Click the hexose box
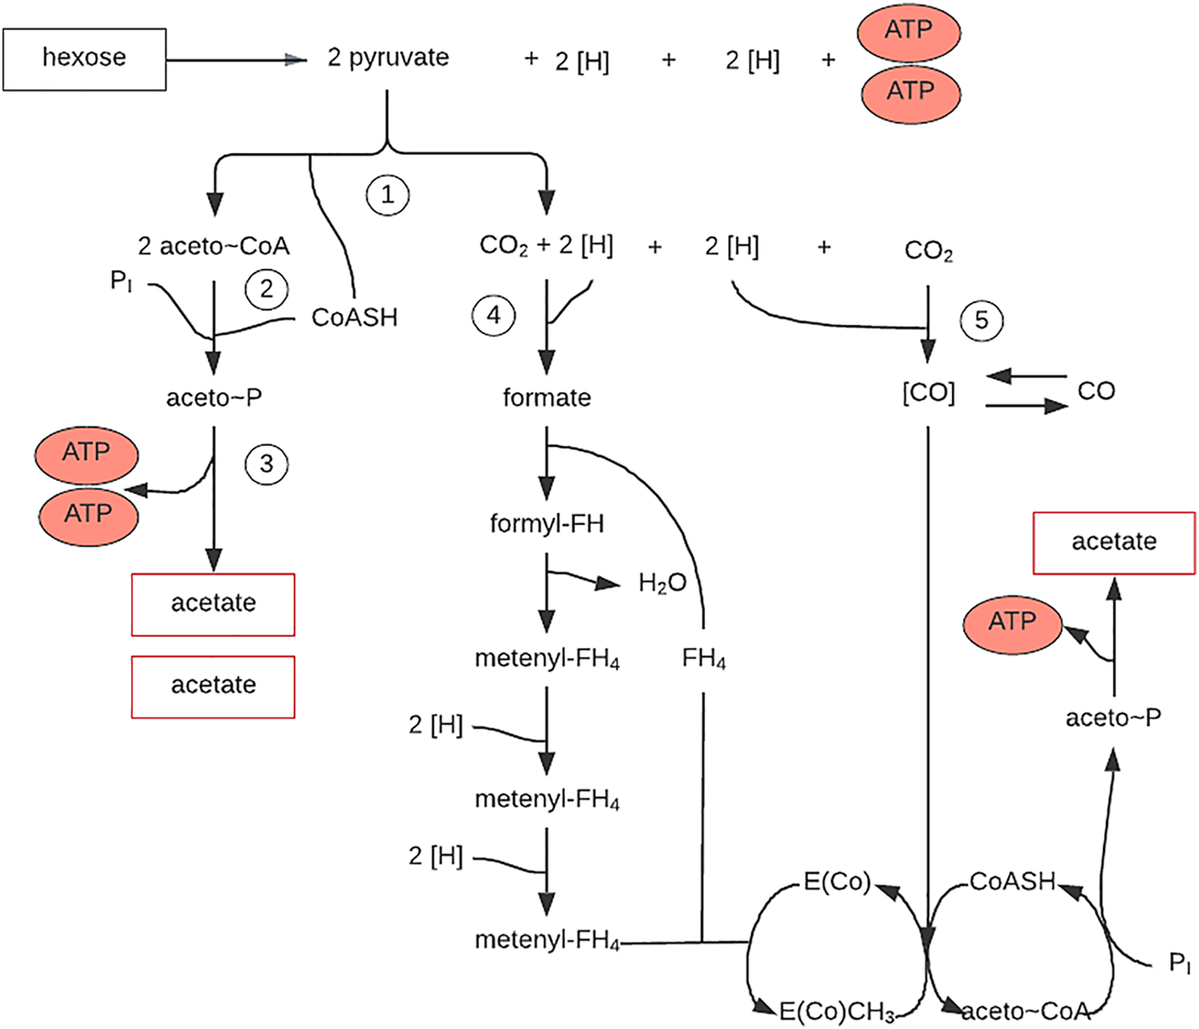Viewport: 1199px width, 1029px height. coord(84,59)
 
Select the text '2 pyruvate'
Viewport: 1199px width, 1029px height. coord(388,58)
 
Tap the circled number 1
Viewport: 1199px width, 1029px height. coord(387,195)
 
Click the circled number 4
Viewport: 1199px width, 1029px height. coord(494,316)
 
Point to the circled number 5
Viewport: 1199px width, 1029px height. coord(981,320)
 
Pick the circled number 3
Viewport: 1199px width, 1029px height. coord(266,463)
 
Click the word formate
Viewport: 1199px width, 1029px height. coord(547,398)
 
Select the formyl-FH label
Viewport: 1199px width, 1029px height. coord(547,524)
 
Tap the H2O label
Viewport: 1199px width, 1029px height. coord(662,583)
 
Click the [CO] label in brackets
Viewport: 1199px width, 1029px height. coord(928,393)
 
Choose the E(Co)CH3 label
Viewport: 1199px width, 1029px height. coord(836,1012)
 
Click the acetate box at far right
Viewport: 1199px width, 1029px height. coord(1113,542)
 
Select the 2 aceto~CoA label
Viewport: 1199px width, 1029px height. coord(214,247)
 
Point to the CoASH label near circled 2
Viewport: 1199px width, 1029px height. coord(355,318)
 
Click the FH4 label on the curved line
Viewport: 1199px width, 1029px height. coord(703,659)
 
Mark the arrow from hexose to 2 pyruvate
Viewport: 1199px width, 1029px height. coord(236,60)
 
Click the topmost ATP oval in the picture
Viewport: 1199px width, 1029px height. coord(910,30)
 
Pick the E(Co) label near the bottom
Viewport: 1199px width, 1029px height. coord(837,882)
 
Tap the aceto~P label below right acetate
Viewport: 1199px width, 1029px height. coord(1113,718)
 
